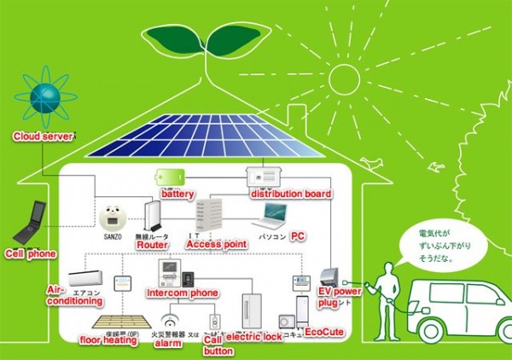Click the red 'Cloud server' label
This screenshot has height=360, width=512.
point(41,136)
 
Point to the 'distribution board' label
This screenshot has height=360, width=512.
point(291,195)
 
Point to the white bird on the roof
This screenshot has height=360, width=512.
point(370,160)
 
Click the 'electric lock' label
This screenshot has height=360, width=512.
point(254,337)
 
